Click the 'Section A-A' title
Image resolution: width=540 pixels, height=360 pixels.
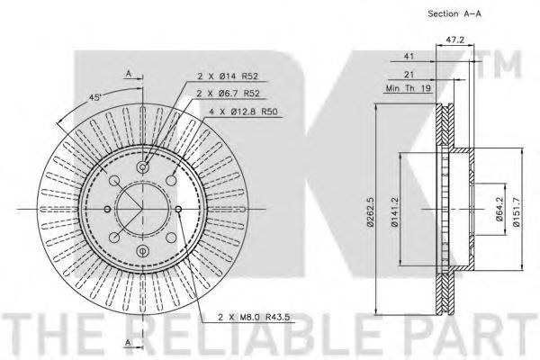point(454,13)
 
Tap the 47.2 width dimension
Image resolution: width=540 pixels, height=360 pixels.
point(455,40)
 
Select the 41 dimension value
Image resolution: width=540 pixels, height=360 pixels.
point(409,56)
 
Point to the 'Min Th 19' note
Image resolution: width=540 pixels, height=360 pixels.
point(409,88)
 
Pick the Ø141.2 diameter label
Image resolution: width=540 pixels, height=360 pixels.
point(395,211)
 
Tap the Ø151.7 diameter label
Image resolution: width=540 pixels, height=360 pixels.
point(517,211)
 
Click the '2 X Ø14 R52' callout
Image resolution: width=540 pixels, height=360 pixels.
point(228,76)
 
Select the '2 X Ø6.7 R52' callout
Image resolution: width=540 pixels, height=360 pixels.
point(229,93)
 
